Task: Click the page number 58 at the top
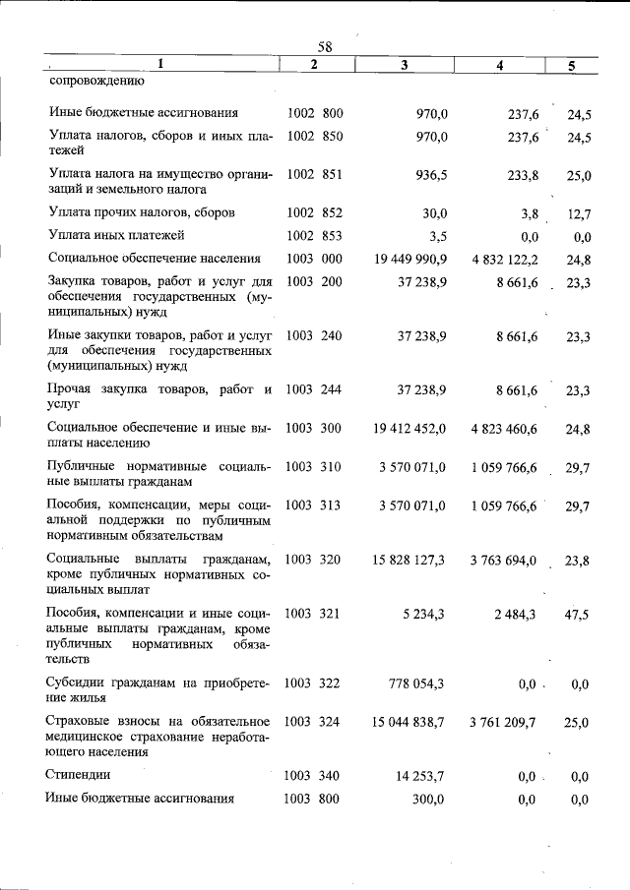(x=326, y=47)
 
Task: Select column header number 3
(x=405, y=65)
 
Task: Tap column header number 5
(x=572, y=66)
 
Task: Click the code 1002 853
(x=314, y=235)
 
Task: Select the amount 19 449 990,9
(x=410, y=260)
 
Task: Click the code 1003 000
(x=314, y=259)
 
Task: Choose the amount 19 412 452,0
(x=410, y=428)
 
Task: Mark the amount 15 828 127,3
(x=409, y=560)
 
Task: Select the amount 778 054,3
(x=417, y=682)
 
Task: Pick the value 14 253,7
(x=421, y=776)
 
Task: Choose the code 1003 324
(x=313, y=722)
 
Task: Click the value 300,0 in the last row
(x=429, y=800)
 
